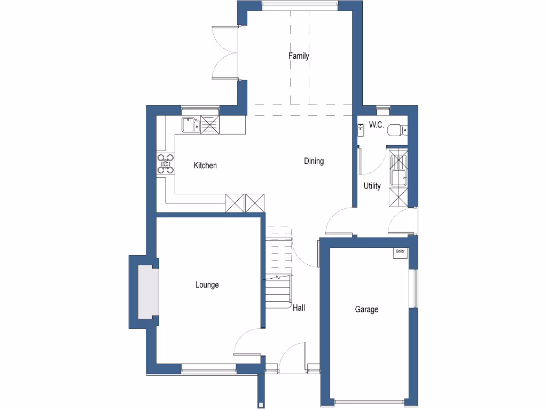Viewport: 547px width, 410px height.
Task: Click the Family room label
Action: click(299, 56)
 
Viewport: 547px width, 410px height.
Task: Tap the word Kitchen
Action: click(205, 165)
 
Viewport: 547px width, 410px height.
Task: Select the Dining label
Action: click(314, 161)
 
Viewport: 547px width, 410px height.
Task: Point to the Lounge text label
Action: click(207, 285)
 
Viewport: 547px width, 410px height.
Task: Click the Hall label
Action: click(299, 308)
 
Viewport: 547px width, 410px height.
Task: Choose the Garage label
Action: click(366, 309)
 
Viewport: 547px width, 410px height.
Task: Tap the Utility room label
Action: click(372, 186)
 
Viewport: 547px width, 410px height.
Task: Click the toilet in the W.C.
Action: click(397, 129)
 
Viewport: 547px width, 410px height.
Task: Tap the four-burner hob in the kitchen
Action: click(165, 164)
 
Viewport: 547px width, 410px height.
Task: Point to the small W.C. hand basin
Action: click(360, 129)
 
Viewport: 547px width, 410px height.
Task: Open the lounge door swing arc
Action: click(247, 342)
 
